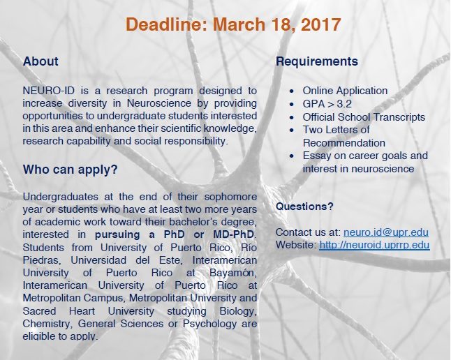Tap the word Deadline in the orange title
point(164,24)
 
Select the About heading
point(40,61)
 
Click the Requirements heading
point(317,61)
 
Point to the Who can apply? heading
point(71,170)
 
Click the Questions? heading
point(304,207)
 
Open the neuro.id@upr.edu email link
point(386,232)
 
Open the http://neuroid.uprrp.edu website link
point(374,245)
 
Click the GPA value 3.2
point(344,104)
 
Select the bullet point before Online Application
point(292,91)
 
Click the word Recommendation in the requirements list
point(344,143)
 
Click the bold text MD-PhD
point(234,234)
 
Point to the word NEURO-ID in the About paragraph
point(49,91)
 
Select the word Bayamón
point(232,273)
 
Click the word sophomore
point(230,197)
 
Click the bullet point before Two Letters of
point(292,130)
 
